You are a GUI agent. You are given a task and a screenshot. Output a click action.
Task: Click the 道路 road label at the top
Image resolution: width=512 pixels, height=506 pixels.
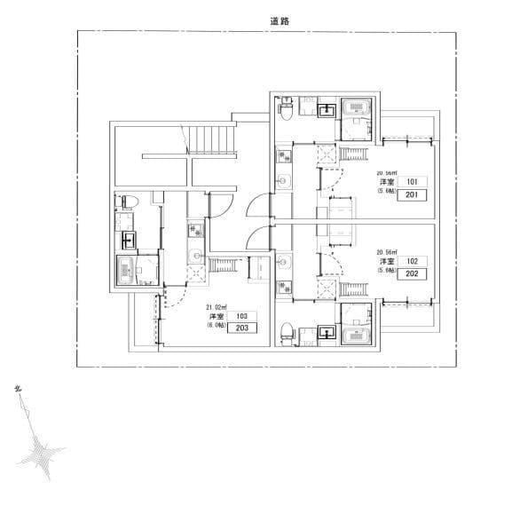tap(281, 19)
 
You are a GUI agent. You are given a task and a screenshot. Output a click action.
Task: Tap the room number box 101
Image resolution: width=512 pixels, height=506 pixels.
tap(412, 182)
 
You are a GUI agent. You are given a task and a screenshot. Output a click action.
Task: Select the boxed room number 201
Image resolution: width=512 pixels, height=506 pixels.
tap(412, 195)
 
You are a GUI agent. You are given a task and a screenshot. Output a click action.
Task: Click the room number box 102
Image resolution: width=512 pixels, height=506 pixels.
tap(412, 262)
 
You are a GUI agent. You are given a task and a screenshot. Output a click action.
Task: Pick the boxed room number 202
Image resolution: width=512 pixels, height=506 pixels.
tap(412, 275)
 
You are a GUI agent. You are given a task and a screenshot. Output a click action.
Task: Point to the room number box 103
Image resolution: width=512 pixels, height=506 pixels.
tap(241, 315)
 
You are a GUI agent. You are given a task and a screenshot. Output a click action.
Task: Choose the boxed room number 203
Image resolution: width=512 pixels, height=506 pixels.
tap(241, 328)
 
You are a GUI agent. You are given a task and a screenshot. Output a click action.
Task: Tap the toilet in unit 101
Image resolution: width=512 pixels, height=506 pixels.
tap(286, 111)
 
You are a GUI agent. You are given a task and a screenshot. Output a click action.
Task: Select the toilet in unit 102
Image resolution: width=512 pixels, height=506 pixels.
tap(286, 331)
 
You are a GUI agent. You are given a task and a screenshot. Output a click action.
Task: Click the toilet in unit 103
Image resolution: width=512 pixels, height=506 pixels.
tap(125, 202)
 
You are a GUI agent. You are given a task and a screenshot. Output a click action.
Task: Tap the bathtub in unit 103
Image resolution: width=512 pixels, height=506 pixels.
tap(127, 271)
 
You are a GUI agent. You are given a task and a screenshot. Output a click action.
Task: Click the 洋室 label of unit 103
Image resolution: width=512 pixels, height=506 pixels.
tap(216, 316)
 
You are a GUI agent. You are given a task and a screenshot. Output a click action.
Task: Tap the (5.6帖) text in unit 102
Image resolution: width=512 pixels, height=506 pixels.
tap(388, 272)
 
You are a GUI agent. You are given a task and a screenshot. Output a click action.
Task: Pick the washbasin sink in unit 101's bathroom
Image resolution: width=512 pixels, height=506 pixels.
tap(326, 110)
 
